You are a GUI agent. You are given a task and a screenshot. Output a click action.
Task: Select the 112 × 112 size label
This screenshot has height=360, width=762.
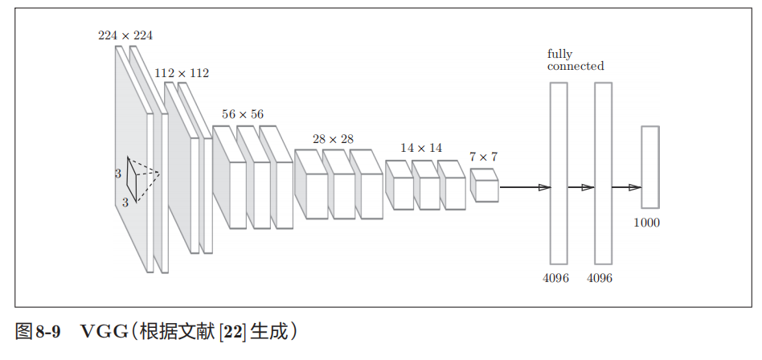point(182,73)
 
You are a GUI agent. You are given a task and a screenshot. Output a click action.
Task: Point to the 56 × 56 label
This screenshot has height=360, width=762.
point(242,114)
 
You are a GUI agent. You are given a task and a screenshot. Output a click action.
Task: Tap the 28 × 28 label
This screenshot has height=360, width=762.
point(333,139)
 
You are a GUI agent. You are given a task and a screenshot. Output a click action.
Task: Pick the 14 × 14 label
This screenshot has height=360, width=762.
point(421,148)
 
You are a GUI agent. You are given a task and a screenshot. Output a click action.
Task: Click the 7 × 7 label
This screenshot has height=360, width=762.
point(483,157)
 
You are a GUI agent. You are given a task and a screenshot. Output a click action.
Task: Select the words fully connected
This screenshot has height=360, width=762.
point(575,60)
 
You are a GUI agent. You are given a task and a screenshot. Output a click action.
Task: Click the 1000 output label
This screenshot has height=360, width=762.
point(646,223)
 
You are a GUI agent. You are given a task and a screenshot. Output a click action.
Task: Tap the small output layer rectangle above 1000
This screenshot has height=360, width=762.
point(649,167)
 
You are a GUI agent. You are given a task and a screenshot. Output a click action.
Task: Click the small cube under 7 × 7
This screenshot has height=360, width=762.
point(484,186)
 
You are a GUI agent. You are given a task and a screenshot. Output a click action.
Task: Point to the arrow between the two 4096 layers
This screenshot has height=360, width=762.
point(580,187)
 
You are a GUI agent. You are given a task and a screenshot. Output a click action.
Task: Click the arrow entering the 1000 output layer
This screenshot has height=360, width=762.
point(626,187)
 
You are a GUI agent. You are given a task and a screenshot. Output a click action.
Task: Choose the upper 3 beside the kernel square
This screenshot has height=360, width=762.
point(117,172)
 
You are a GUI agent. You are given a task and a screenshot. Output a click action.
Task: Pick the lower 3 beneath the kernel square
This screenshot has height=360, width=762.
point(125,202)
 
